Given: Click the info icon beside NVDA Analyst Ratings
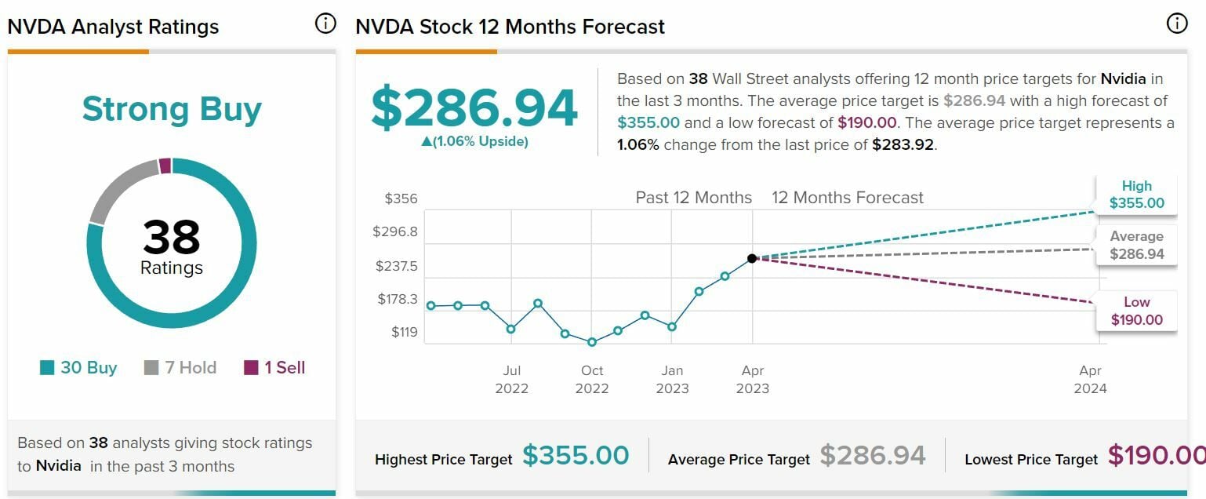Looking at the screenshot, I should [325, 24].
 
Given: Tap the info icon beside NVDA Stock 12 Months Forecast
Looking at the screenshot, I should [1177, 24].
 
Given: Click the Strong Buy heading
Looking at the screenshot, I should [172, 109].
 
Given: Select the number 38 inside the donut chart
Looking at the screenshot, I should [172, 236].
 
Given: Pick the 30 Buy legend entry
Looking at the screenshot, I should [78, 367].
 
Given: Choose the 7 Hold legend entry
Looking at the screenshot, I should [180, 367].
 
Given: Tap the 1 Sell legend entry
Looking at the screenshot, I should [274, 367].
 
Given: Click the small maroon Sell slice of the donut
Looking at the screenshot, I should [165, 166].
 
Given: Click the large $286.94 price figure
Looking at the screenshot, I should [474, 108].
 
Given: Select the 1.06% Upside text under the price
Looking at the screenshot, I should [474, 142].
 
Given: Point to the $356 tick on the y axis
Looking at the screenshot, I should [401, 199].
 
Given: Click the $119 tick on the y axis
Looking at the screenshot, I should [405, 332].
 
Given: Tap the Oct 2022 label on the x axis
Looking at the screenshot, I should [592, 379].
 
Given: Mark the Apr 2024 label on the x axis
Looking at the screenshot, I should [1090, 379].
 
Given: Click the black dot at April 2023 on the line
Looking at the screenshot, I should [752, 258].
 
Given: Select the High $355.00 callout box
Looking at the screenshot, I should [1136, 195].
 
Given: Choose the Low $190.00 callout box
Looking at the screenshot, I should [1136, 311].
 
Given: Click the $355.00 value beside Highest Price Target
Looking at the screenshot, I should [576, 456].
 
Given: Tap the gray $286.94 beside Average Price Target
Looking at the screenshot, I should [873, 456].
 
